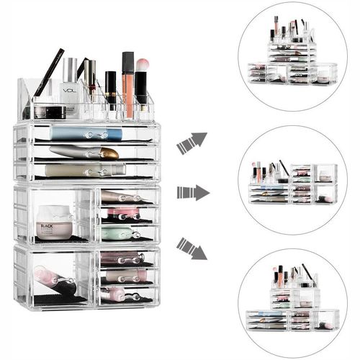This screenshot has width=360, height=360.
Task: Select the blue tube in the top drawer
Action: click(x=86, y=133)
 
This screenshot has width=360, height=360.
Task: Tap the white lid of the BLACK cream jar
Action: click(x=55, y=212)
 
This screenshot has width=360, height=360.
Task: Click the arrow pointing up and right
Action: click(x=191, y=142)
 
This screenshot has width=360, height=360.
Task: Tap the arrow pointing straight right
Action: click(x=192, y=192)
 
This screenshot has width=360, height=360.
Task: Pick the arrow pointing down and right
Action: click(x=191, y=248)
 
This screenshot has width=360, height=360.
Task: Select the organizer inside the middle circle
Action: click(x=291, y=186)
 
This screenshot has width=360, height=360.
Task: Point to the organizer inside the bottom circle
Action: click(x=291, y=302)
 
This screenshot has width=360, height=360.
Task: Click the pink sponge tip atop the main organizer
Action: click(x=142, y=65)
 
